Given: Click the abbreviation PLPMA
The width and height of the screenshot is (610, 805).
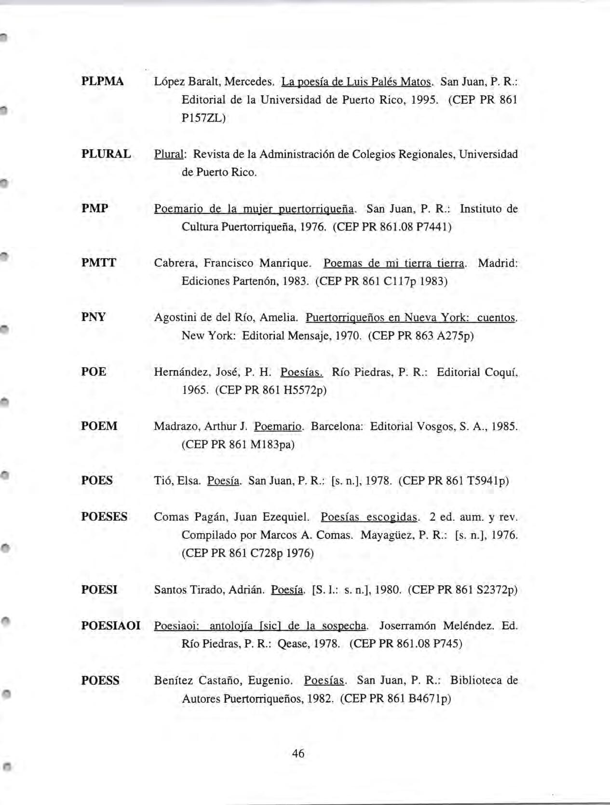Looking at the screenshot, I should (x=102, y=82).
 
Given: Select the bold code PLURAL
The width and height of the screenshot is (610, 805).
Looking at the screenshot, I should (x=106, y=154).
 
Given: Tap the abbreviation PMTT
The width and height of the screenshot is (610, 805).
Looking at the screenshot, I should (x=99, y=263).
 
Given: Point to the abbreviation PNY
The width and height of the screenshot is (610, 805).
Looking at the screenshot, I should (x=94, y=317).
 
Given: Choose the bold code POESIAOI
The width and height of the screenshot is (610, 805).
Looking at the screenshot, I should (x=111, y=626).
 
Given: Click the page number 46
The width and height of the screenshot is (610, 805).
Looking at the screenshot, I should (x=298, y=753).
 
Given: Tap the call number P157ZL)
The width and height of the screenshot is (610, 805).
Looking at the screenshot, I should (x=203, y=118).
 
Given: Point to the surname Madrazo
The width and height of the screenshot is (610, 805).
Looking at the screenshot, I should (x=176, y=426).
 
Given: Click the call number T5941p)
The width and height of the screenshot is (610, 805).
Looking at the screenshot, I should (x=488, y=481).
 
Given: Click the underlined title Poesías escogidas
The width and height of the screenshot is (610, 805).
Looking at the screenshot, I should (x=369, y=518).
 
